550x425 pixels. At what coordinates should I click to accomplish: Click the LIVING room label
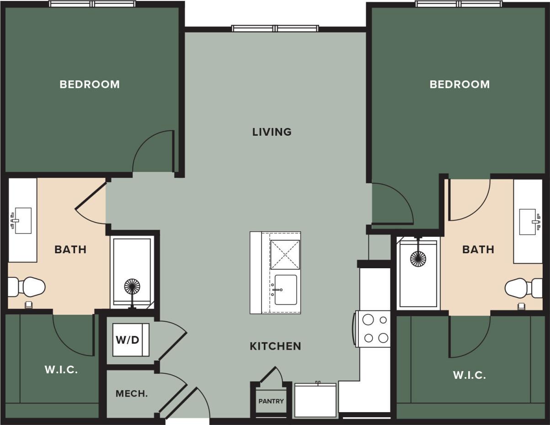click(x=272, y=132)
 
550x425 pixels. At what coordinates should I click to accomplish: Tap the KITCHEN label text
click(x=275, y=346)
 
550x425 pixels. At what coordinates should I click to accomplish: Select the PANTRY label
click(x=271, y=401)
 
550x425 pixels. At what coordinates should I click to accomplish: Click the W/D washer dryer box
click(x=131, y=340)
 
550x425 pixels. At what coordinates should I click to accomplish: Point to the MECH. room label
click(x=132, y=393)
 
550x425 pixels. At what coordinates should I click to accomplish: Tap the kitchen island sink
click(x=286, y=290)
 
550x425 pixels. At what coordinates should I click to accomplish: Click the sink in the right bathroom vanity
click(x=528, y=222)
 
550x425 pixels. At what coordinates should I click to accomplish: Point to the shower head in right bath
click(x=418, y=258)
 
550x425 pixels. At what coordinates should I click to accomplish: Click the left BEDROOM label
click(x=90, y=85)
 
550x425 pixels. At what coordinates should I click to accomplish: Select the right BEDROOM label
click(x=459, y=85)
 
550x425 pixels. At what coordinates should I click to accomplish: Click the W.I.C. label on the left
click(x=61, y=370)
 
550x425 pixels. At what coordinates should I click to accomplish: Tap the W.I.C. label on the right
click(x=469, y=375)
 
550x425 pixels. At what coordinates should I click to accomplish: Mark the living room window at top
click(x=276, y=28)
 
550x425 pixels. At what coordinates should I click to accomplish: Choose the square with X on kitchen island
click(x=285, y=254)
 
